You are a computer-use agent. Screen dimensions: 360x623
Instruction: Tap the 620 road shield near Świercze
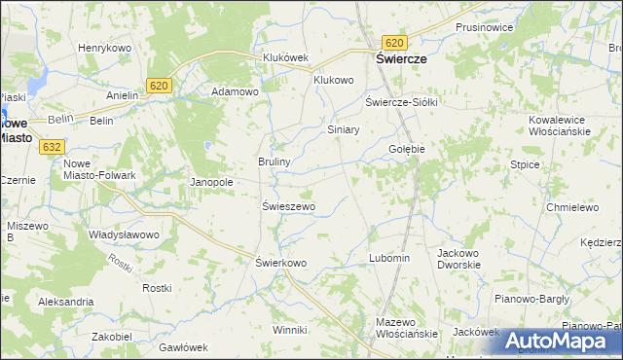(394, 43)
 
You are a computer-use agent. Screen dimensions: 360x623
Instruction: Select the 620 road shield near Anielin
(161, 87)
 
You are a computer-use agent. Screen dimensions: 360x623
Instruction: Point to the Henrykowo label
(104, 48)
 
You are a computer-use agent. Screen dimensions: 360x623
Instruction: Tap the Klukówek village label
(285, 57)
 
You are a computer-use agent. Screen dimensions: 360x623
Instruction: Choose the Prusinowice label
(484, 27)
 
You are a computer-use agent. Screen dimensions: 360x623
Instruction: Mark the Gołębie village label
(407, 149)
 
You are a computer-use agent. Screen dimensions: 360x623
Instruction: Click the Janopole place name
(210, 182)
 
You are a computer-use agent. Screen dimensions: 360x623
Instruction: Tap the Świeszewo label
(288, 206)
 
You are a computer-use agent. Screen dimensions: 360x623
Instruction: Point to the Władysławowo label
(124, 234)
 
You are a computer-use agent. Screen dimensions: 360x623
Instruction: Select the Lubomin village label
(389, 258)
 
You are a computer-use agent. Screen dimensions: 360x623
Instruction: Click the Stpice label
(525, 164)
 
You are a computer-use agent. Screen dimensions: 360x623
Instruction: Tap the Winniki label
(289, 330)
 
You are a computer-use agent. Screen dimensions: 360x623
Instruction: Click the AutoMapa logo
(560, 341)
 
